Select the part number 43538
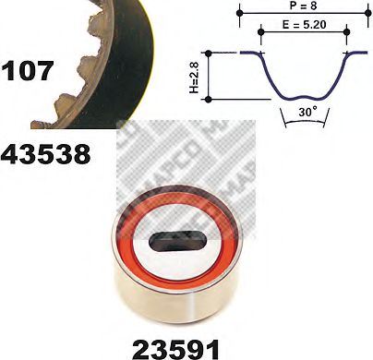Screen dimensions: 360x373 point(49,153)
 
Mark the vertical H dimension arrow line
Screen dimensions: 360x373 point(212,76)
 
